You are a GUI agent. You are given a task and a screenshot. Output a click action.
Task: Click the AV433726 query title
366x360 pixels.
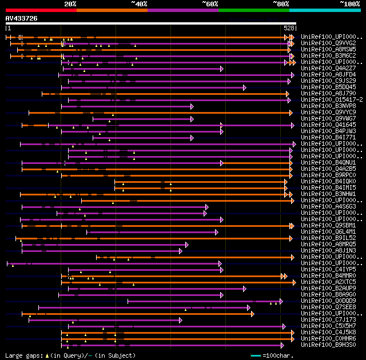[x=22, y=18]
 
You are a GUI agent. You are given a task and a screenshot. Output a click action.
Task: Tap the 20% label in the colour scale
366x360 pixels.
[x=70, y=4]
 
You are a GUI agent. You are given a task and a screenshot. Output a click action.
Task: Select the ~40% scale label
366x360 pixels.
[x=139, y=4]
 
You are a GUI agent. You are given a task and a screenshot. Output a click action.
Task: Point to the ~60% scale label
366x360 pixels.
[x=210, y=4]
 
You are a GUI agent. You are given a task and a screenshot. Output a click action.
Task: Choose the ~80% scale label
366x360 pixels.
[x=281, y=4]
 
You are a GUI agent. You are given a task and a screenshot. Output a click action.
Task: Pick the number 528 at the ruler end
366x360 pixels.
[x=289, y=28]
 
